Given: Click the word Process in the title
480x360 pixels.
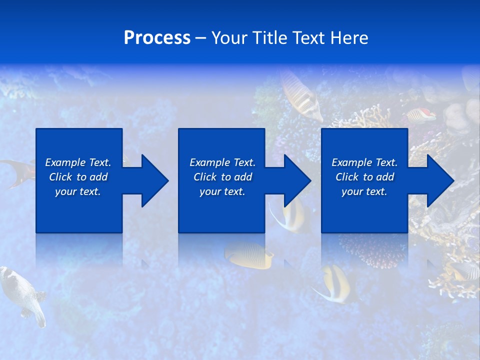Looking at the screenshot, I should (157, 38).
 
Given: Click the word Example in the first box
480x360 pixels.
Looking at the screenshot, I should (65, 162).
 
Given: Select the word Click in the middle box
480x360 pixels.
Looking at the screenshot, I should (205, 177).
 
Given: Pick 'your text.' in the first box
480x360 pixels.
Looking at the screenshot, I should (78, 191).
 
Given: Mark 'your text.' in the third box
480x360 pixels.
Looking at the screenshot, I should (364, 191).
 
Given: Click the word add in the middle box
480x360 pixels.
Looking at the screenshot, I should (243, 177).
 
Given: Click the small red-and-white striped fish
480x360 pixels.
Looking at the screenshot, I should (421, 115).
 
